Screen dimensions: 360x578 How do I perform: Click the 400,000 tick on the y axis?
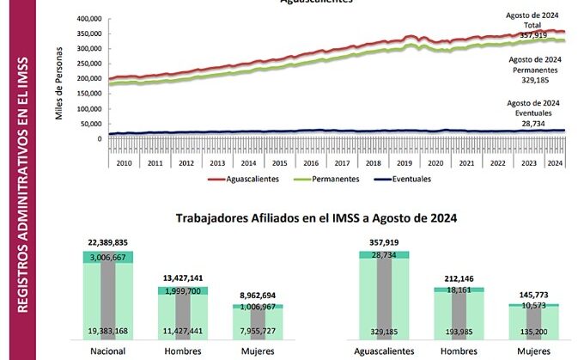tap(89, 18)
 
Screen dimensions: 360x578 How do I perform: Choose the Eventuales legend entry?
tap(409, 180)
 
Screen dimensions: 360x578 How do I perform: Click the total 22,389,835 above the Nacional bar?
tap(107, 244)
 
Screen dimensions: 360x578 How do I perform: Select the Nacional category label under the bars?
tap(107, 352)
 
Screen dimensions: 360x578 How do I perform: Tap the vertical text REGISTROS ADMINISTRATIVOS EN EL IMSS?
tap(18, 180)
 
